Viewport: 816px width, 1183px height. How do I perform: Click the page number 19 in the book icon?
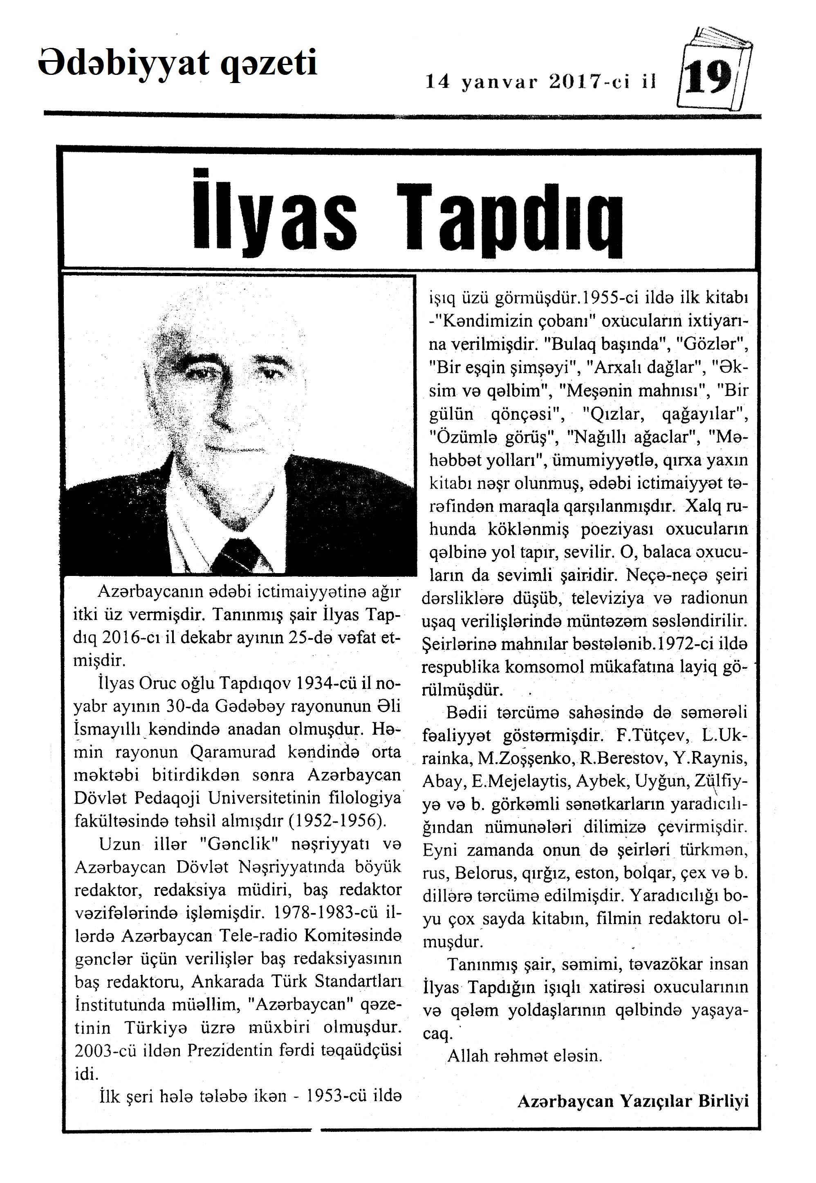[x=708, y=79]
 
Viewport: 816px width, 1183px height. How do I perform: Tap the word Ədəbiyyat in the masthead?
[x=123, y=63]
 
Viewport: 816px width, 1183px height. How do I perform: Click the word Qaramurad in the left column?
[x=233, y=752]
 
